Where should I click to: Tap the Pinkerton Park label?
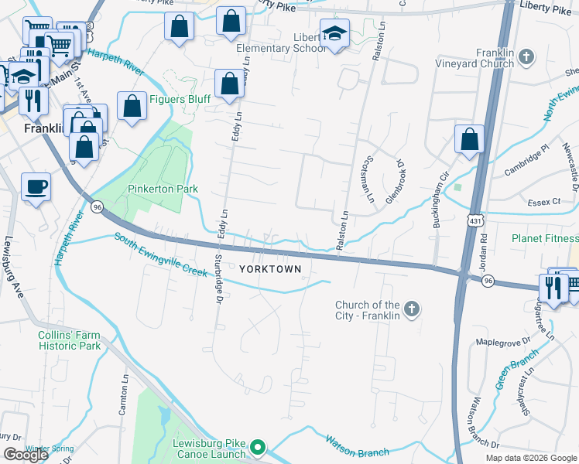coord(152,189)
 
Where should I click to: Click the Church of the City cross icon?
coord(411,310)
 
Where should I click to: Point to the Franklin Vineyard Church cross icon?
coord(526,56)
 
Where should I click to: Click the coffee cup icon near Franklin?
coord(36,186)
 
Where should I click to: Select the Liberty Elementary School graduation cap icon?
coord(335,34)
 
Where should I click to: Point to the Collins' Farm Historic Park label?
coord(70,340)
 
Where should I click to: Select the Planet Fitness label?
coord(544,239)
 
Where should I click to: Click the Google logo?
coord(25,455)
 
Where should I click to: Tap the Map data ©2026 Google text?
coord(530,458)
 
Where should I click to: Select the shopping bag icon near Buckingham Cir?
coord(469,140)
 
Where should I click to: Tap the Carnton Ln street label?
coord(123,397)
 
